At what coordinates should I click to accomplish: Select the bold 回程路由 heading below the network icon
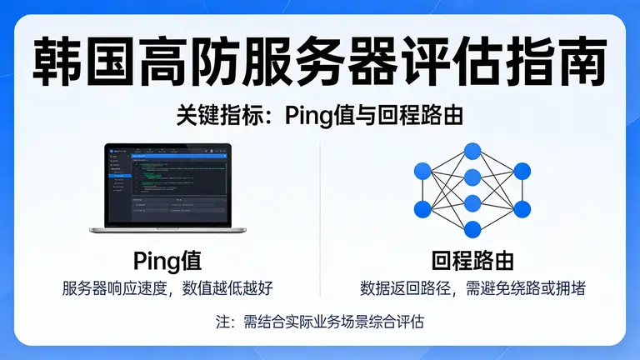472,260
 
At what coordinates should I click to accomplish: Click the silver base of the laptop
167,229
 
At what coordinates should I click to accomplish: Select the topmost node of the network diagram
472,151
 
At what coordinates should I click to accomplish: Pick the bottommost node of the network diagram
472,229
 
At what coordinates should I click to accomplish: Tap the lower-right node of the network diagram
522,208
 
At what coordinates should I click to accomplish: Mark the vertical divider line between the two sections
321,217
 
